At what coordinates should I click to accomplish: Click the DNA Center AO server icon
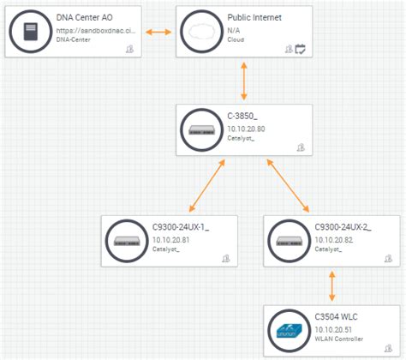30,32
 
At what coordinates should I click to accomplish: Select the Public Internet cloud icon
201,32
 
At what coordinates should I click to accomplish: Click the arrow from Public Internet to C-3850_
245,81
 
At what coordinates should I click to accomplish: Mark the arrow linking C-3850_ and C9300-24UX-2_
289,185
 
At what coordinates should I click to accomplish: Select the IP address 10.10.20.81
171,240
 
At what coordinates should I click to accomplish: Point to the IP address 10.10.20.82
334,240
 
